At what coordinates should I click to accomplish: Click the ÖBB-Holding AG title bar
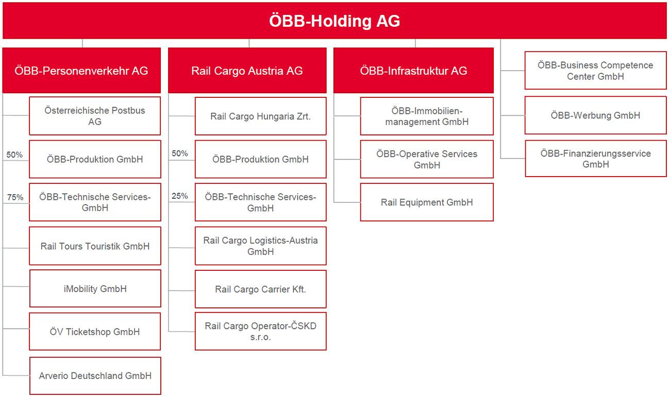[334, 21]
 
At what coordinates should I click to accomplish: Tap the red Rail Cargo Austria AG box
[247, 71]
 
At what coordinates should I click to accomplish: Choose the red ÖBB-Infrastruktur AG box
[413, 71]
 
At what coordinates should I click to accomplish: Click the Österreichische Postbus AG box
[95, 116]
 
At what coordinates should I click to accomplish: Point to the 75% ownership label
[15, 197]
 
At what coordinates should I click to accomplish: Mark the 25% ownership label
[179, 196]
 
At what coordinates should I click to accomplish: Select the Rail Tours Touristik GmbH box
[95, 246]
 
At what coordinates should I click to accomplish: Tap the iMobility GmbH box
[95, 289]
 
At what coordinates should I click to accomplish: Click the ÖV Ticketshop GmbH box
[95, 332]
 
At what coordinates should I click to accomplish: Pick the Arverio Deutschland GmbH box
[95, 376]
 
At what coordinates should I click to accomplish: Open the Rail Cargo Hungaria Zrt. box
[260, 116]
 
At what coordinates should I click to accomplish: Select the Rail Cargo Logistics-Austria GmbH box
[260, 246]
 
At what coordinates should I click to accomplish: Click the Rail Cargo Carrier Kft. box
[260, 289]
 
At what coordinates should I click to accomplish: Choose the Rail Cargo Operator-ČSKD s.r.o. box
[260, 332]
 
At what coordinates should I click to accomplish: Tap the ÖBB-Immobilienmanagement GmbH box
[427, 116]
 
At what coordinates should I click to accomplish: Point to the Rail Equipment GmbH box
[427, 202]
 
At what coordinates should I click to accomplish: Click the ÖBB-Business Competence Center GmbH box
[595, 71]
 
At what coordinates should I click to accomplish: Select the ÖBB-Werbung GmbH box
[595, 115]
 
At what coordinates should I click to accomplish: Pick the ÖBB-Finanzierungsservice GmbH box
[595, 159]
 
